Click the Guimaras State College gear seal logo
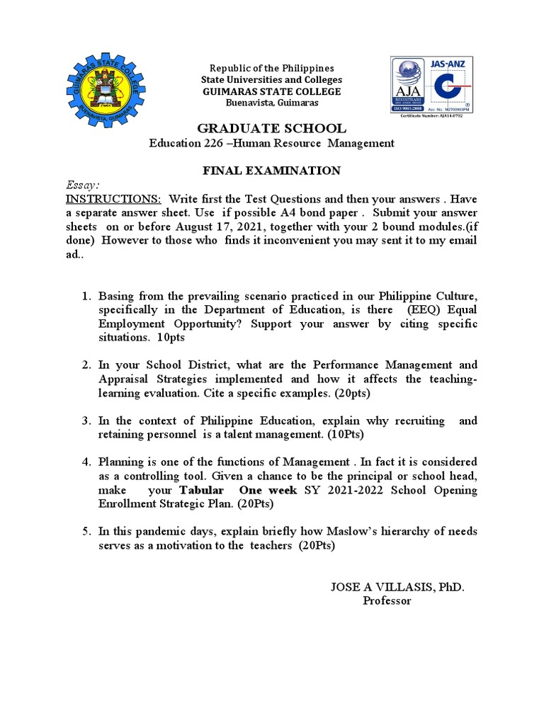coord(104,87)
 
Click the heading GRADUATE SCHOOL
coord(271,128)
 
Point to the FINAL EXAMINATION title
coord(271,171)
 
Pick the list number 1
coord(85,295)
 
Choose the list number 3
coord(85,421)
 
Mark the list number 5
coord(85,532)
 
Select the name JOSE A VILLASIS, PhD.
coord(397,587)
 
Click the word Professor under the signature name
coord(387,600)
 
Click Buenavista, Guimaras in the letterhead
coord(272,103)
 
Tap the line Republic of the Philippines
coord(272,69)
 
